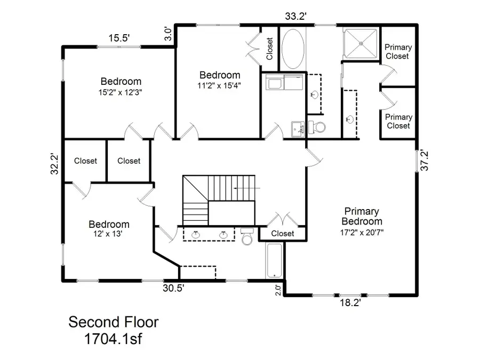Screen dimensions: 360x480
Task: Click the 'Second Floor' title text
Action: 113,322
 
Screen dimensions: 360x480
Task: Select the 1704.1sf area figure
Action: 113,338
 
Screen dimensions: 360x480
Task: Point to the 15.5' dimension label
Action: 119,38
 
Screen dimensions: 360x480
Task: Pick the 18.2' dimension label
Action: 351,302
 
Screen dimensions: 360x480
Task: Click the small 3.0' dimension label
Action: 167,35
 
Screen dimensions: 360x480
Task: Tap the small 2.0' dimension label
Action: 278,290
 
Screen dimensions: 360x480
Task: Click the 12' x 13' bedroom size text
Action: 109,234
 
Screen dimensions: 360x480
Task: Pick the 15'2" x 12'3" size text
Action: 121,92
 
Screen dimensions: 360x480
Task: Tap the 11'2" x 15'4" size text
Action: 220,85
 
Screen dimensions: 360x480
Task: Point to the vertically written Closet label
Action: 269,49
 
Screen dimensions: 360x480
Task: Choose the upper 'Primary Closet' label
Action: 398,52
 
